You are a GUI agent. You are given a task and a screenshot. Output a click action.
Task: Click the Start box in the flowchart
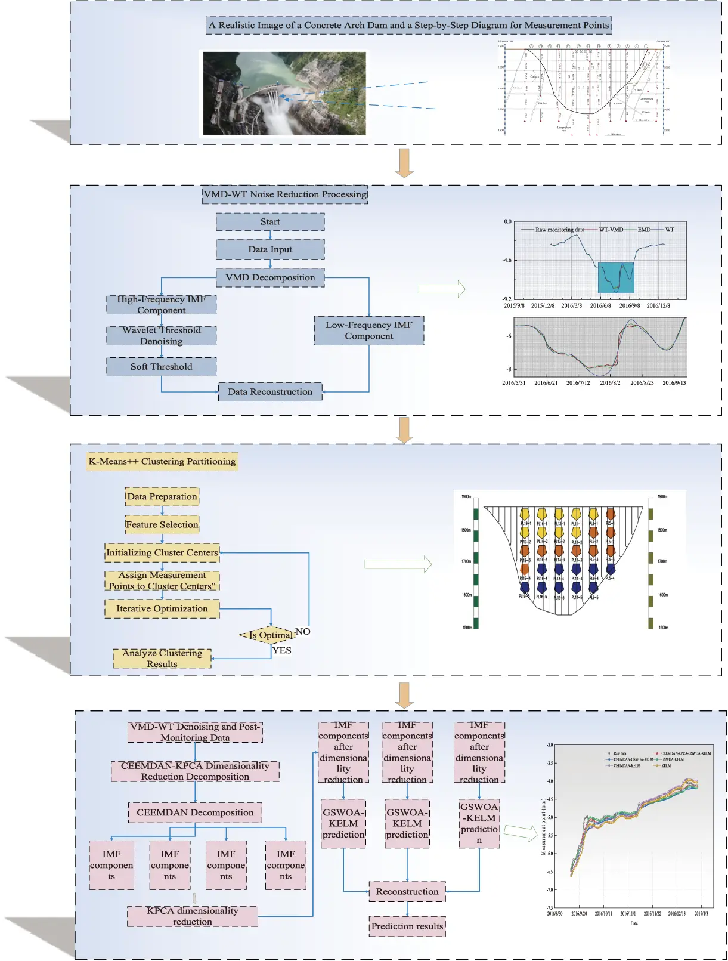click(x=270, y=222)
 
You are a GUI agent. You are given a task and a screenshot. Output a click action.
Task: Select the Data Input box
click(x=270, y=249)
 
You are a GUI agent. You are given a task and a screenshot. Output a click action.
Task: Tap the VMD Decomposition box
click(x=270, y=277)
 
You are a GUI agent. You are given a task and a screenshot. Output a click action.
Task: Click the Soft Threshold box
click(x=161, y=367)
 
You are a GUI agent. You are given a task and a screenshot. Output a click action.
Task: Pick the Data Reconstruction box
click(x=270, y=392)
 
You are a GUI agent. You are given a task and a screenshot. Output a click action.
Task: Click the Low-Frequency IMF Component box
click(x=368, y=330)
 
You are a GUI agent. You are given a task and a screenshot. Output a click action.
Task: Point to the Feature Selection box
click(x=162, y=525)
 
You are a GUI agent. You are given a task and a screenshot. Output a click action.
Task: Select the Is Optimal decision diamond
click(x=268, y=635)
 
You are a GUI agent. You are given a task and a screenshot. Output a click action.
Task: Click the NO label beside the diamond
click(x=303, y=631)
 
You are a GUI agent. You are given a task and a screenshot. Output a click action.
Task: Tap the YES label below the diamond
click(x=282, y=650)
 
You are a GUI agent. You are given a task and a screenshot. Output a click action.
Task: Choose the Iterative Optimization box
click(x=162, y=609)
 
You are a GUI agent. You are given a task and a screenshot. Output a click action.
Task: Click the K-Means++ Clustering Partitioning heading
click(x=162, y=462)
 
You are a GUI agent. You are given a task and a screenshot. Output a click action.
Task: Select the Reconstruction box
click(x=407, y=892)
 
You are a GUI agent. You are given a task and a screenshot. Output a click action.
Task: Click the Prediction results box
click(x=407, y=926)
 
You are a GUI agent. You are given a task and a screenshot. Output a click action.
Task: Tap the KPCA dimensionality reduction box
click(x=192, y=916)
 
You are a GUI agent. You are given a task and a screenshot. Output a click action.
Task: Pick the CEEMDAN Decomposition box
click(x=195, y=812)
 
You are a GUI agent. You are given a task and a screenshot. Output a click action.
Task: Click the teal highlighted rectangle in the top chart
click(x=616, y=278)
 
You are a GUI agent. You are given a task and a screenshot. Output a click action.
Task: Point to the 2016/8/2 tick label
click(x=609, y=383)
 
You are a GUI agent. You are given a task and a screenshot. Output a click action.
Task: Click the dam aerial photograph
click(x=284, y=93)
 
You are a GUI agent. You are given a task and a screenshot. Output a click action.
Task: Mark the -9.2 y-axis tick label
click(x=507, y=299)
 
